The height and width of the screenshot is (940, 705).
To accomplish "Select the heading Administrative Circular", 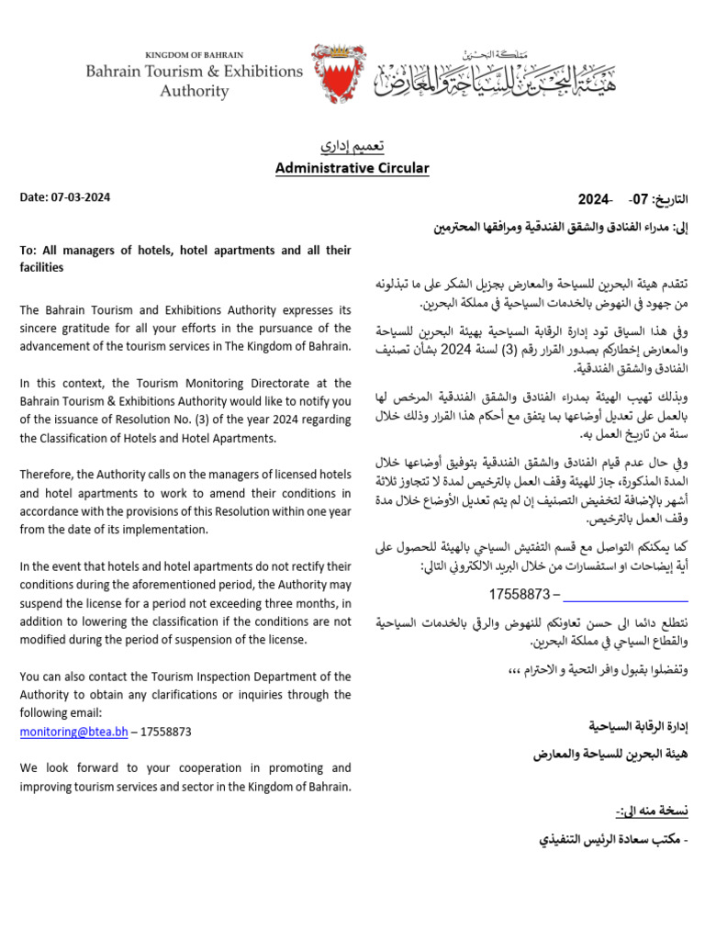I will click(x=352, y=168).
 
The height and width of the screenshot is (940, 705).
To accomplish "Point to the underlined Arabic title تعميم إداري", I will click(x=352, y=147).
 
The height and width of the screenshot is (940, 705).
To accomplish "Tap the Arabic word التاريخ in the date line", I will click(x=669, y=199).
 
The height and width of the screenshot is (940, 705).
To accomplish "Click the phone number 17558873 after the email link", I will click(x=166, y=732).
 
